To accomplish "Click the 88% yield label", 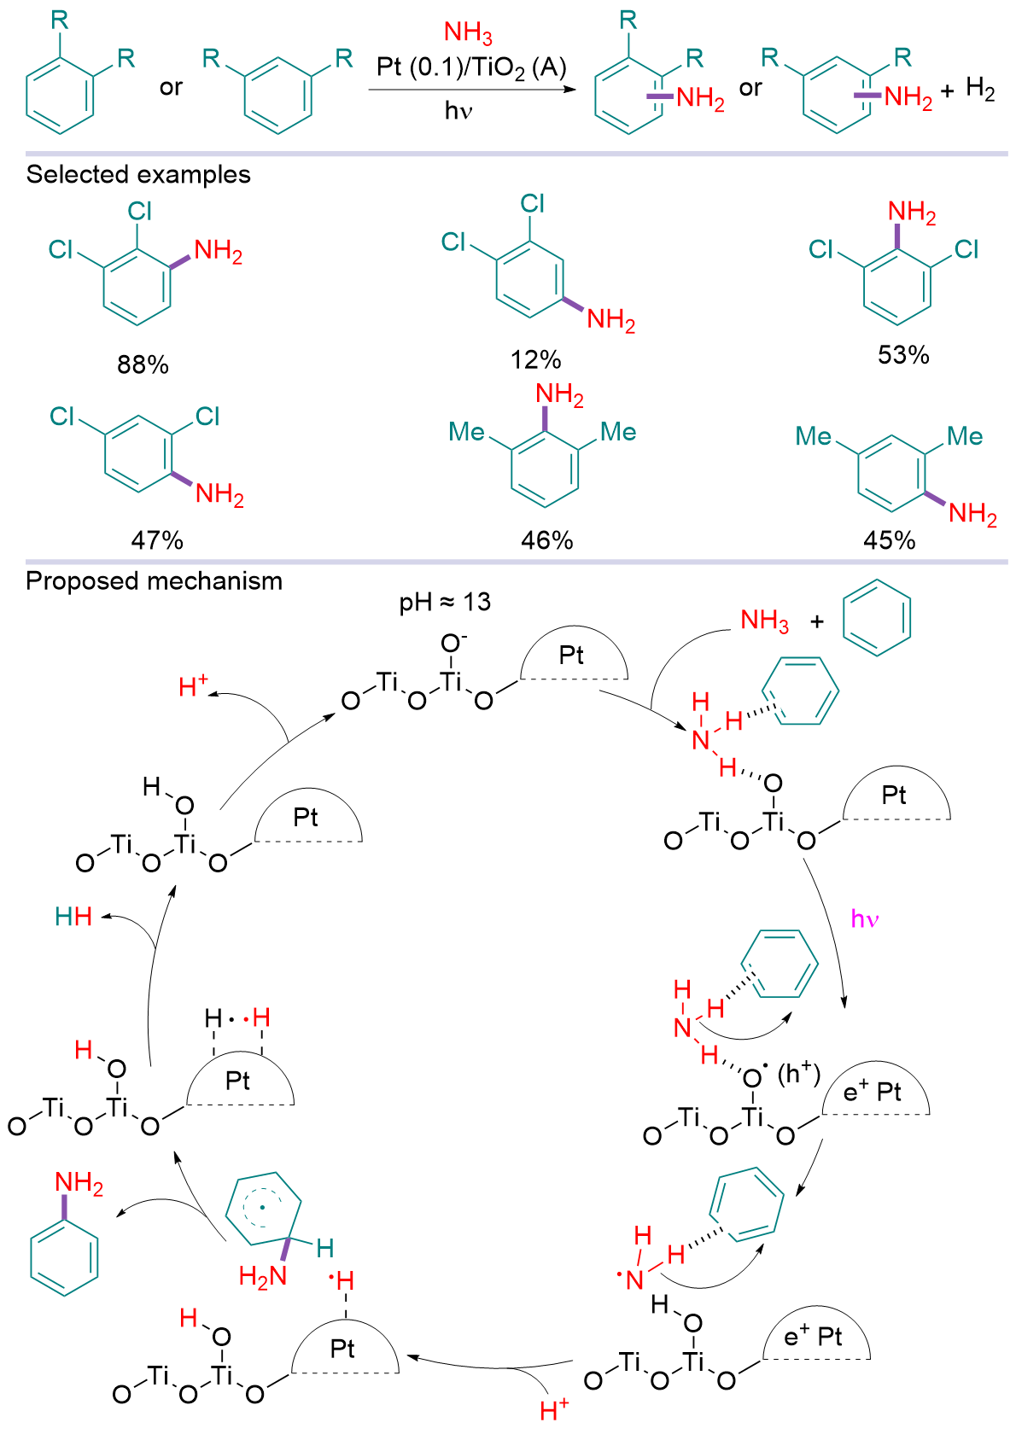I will pos(143,364).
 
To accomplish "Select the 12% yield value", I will pos(535,359).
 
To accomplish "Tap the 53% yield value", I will pos(903,354).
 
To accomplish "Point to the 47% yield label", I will pos(157,540).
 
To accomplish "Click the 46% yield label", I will pos(547,540).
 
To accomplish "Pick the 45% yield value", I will pos(890,540).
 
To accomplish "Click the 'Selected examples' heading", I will pos(138,175).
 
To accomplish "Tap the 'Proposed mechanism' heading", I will pos(154,581).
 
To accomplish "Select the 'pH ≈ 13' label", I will pos(445,603).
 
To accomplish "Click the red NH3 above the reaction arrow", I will pos(468,33).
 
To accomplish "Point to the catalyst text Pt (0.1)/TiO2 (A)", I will pos(471,67).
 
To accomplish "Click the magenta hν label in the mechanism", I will pos(865,919).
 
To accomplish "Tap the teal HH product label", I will pos(73,917).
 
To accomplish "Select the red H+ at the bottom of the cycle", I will pos(554,1408).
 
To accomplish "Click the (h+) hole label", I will pos(798,1073).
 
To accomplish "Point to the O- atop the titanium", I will pos(453,643).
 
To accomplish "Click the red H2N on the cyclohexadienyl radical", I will pos(263,1276).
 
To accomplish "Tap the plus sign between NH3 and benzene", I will pos(817,621).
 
